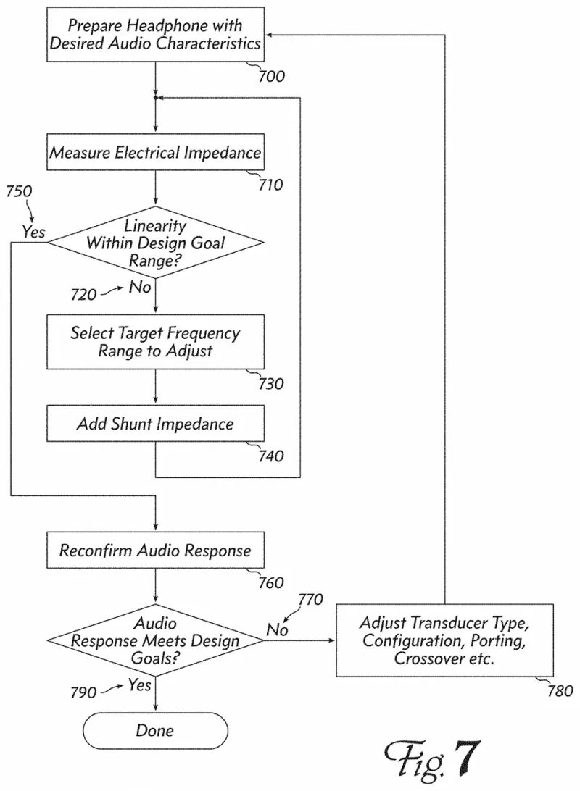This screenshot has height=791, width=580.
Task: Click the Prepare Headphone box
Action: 155,34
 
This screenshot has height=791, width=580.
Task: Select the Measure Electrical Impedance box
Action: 155,154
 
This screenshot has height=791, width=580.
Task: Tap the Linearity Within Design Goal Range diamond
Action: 155,243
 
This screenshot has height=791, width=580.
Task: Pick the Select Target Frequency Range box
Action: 155,342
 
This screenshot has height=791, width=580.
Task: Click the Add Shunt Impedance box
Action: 155,424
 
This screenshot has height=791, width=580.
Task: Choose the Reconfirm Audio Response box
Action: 155,551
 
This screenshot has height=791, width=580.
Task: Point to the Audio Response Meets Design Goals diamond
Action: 155,640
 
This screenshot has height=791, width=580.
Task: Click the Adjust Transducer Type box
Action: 444,640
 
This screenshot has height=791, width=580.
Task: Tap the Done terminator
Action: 155,729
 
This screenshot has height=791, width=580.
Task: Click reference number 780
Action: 558,691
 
